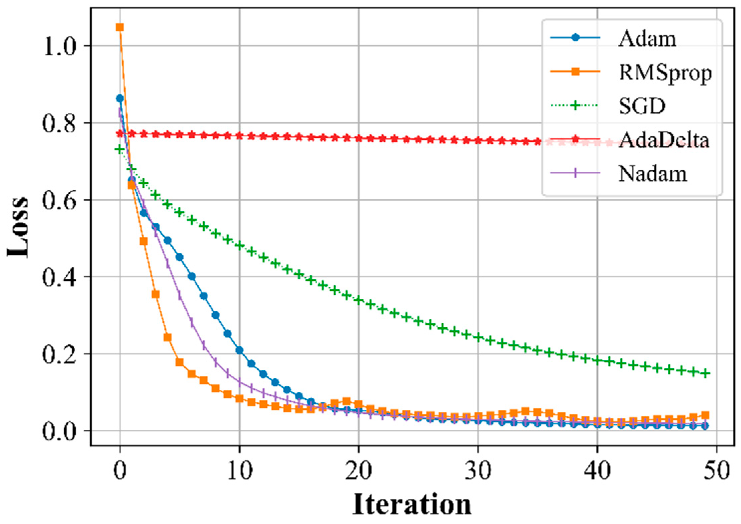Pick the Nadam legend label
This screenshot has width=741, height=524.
[652, 174]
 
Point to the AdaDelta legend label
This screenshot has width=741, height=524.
[663, 140]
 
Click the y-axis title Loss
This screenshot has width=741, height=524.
[18, 228]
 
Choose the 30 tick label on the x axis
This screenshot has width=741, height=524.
[478, 471]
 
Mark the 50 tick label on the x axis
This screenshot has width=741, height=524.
[716, 471]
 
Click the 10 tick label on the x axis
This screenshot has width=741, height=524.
[239, 471]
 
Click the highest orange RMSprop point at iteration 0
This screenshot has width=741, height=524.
[120, 27]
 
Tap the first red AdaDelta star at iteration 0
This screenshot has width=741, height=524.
[120, 134]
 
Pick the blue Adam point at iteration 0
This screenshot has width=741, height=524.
[120, 98]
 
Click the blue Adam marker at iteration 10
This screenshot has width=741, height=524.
[239, 350]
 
